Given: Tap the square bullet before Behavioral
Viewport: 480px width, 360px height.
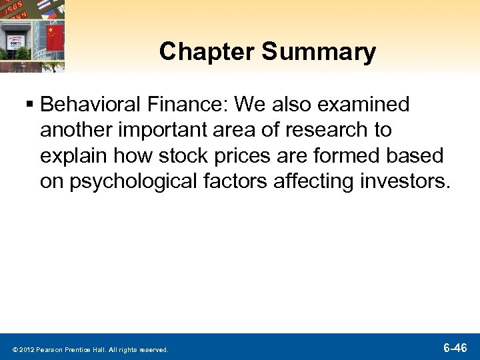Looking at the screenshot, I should pyautogui.click(x=31, y=105).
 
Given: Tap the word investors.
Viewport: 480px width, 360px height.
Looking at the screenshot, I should pyautogui.click(x=407, y=181).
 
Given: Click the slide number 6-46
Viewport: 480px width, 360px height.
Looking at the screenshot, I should pyautogui.click(x=455, y=347).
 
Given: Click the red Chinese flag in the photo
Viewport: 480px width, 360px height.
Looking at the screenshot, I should pyautogui.click(x=54, y=33).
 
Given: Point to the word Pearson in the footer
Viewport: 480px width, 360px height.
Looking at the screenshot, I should pyautogui.click(x=50, y=349).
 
